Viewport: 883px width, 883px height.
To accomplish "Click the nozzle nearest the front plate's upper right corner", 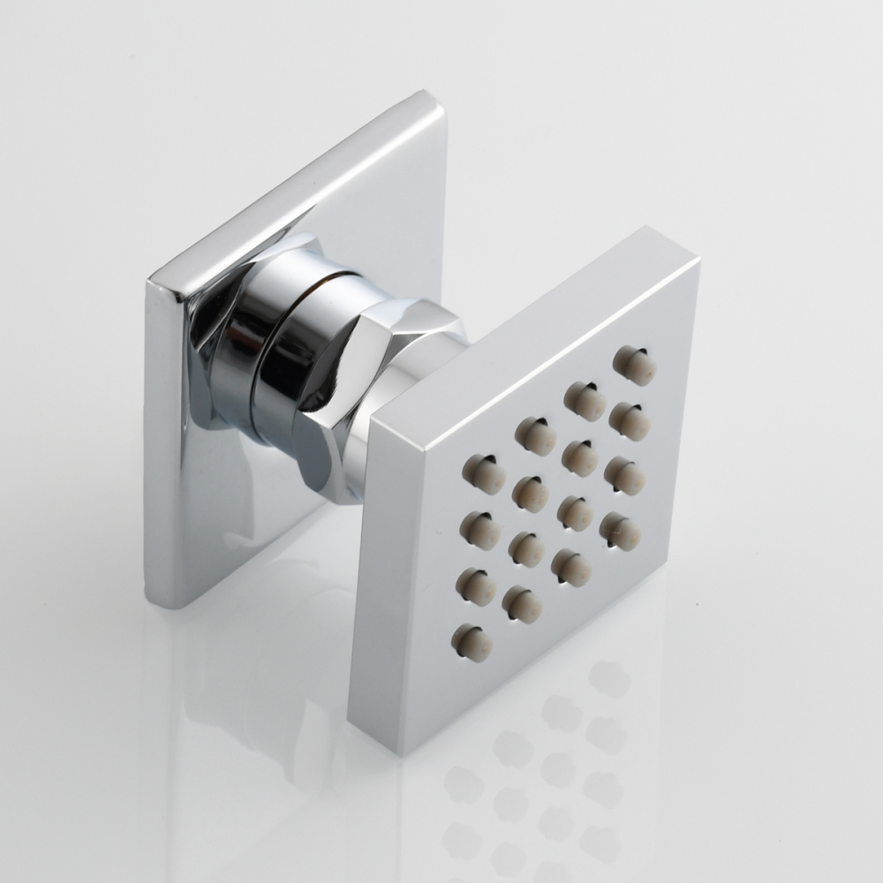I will [635, 365].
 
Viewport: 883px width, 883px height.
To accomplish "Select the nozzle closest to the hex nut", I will [483, 473].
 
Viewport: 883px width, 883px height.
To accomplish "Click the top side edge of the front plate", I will [530, 327].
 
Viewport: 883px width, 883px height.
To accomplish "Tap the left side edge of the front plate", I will [362, 574].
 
